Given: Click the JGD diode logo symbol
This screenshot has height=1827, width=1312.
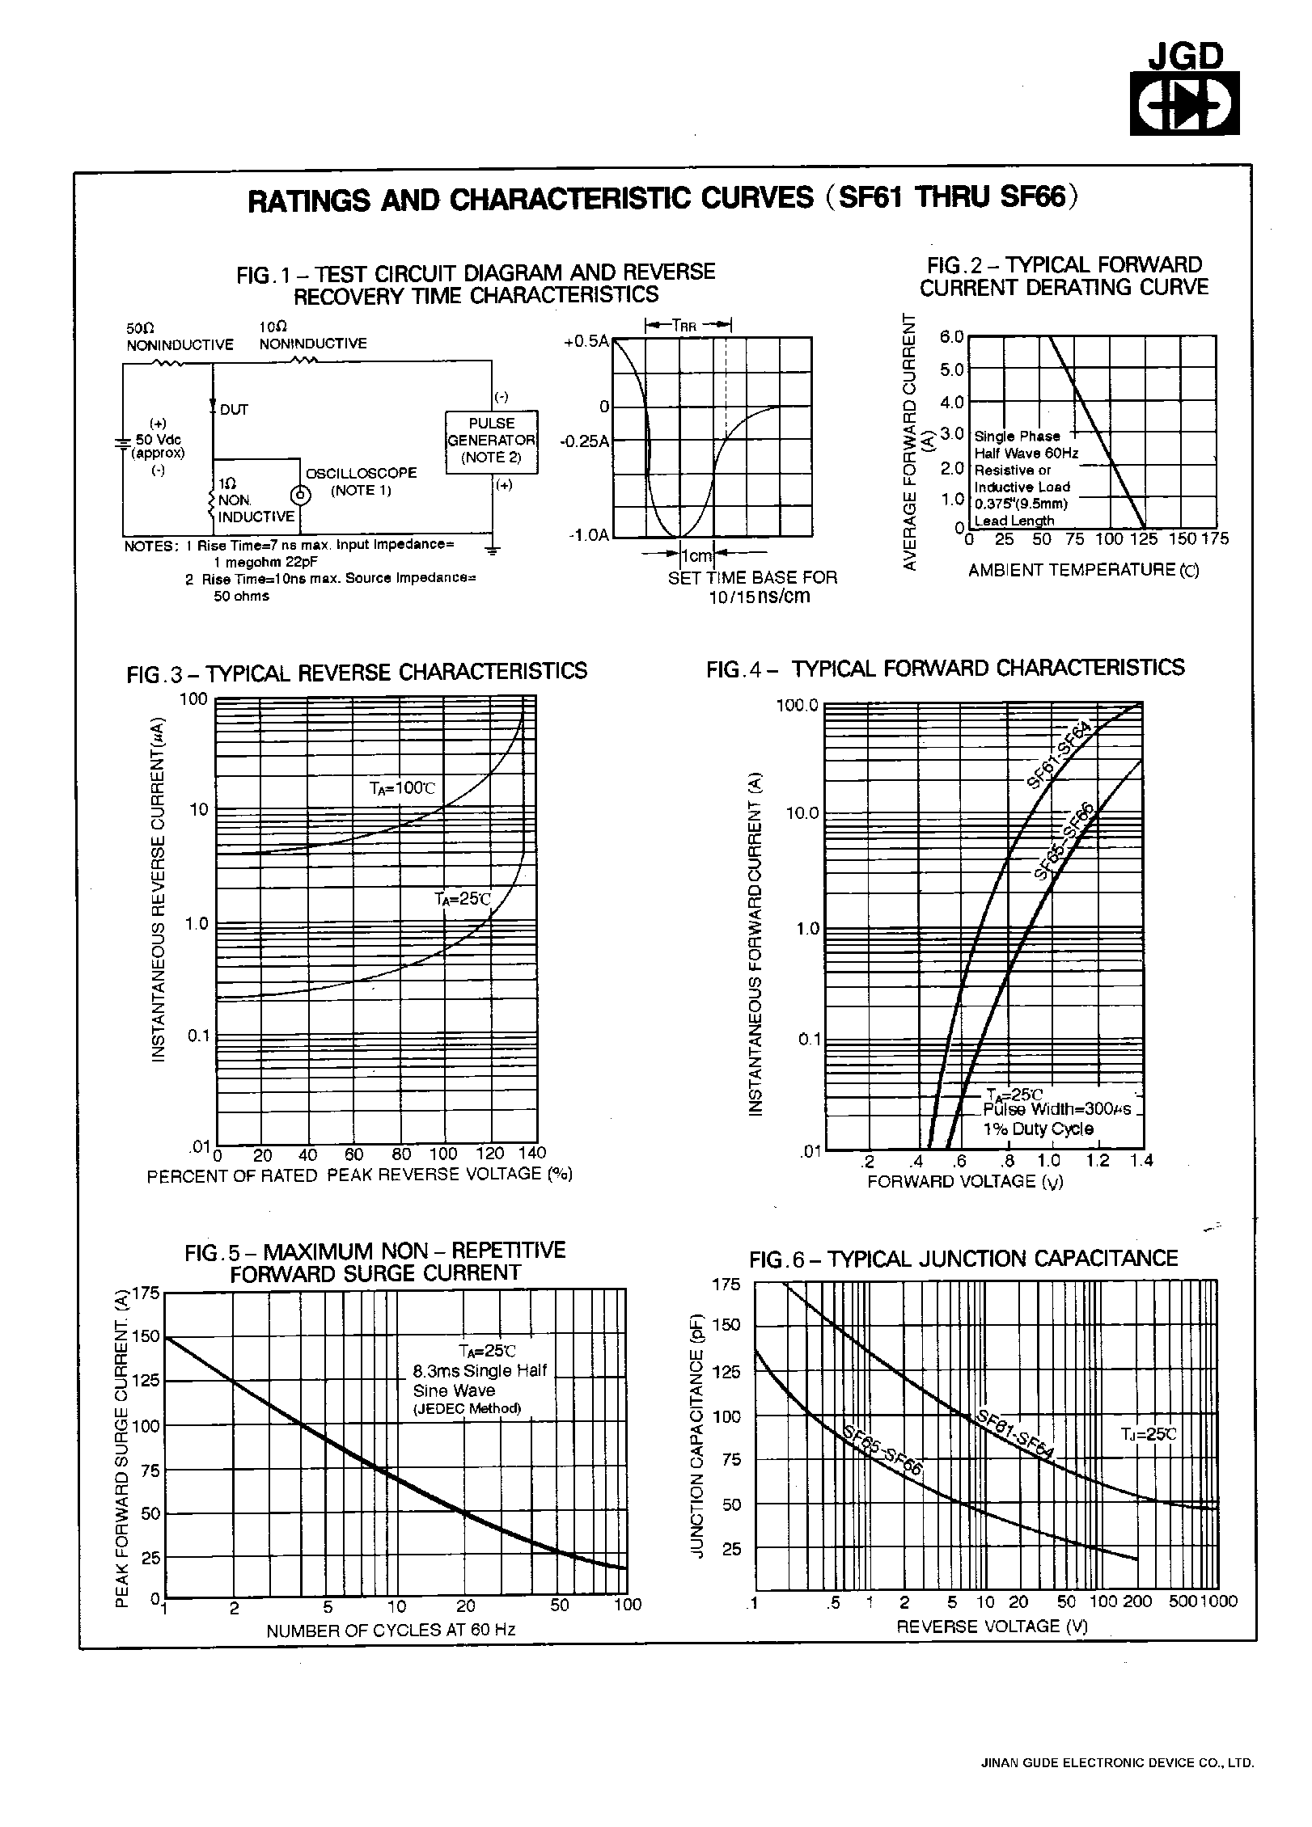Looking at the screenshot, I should (1184, 103).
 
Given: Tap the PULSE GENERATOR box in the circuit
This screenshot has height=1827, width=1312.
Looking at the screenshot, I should (491, 441).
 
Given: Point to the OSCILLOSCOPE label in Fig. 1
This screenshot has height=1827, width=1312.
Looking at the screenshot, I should (361, 473).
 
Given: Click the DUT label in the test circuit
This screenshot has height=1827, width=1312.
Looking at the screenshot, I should (234, 410).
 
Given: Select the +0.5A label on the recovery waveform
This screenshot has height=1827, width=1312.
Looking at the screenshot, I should (586, 341).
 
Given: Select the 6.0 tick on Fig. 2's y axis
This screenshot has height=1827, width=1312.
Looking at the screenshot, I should (951, 337).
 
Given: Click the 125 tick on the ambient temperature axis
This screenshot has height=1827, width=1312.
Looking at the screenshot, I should (1144, 539).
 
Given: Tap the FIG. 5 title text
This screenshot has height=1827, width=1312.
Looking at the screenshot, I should (375, 1262).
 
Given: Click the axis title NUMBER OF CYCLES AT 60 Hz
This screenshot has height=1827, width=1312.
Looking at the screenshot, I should (391, 1630).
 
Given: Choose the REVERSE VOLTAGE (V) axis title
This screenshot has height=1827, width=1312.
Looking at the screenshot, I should (992, 1626).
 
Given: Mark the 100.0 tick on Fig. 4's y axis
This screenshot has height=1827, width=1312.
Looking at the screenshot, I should (797, 706).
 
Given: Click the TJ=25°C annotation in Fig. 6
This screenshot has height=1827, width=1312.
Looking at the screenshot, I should (1148, 1435).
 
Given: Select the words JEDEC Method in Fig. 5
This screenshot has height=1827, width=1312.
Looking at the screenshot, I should (467, 1408).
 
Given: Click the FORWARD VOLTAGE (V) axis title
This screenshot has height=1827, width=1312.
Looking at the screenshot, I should (965, 1182).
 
